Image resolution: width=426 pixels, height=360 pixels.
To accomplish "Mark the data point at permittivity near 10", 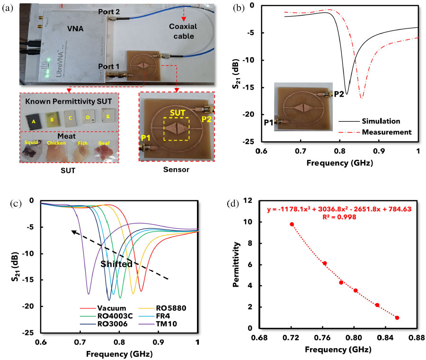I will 292,224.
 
